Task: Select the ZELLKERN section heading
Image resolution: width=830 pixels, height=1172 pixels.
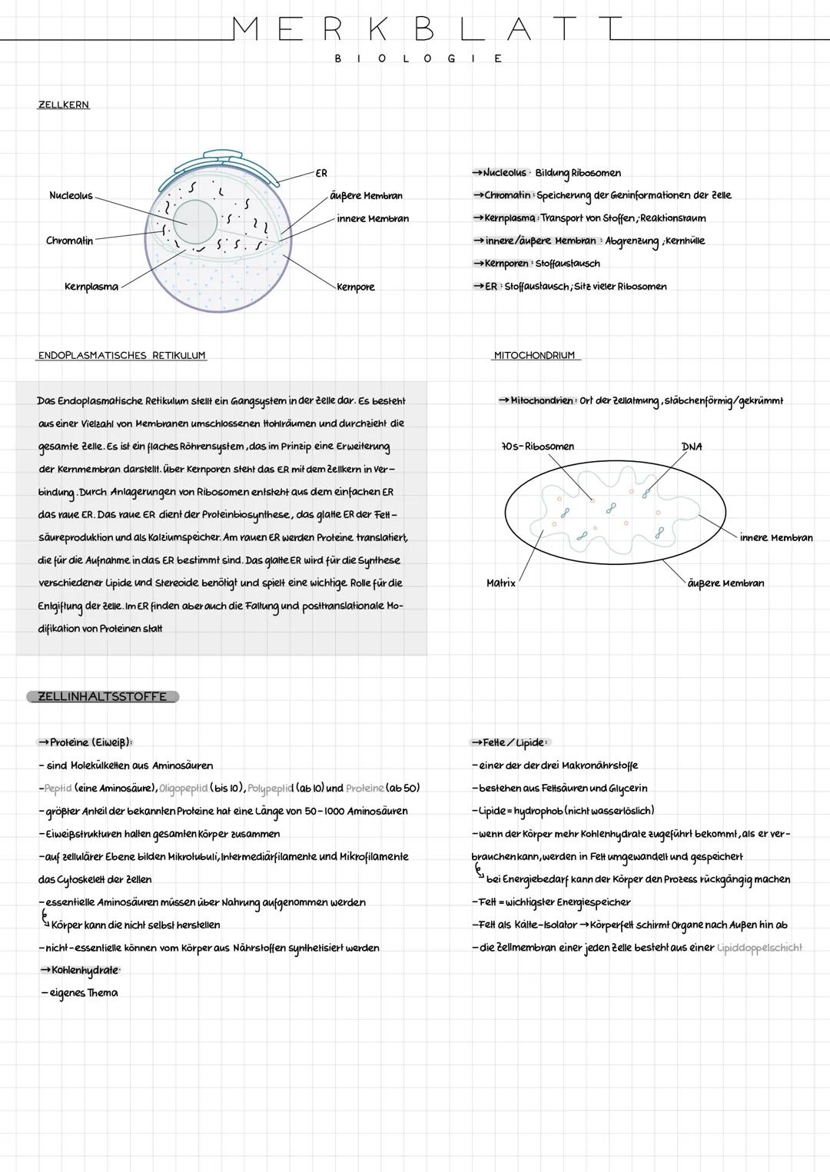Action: (x=64, y=105)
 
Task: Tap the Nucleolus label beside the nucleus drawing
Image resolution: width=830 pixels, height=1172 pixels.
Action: (x=71, y=196)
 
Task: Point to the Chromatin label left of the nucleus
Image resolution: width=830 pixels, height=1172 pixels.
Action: (x=69, y=241)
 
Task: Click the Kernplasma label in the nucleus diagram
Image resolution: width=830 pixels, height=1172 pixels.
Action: (x=91, y=287)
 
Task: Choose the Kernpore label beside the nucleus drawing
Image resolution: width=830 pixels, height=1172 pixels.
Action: (x=356, y=287)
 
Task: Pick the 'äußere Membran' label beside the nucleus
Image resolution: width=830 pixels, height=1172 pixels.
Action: (x=366, y=196)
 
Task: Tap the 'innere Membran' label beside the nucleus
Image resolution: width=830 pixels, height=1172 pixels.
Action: (x=373, y=219)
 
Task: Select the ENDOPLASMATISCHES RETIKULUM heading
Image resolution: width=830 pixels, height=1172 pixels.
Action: (x=121, y=356)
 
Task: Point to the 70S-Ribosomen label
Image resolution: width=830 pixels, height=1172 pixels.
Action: (x=537, y=447)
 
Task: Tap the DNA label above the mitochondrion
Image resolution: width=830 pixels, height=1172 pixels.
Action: (x=691, y=447)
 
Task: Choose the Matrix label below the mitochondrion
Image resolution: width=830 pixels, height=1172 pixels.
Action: (x=501, y=583)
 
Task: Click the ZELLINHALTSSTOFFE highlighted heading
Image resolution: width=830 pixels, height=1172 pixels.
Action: (x=102, y=696)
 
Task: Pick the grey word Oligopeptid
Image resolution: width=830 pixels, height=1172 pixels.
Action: (x=183, y=789)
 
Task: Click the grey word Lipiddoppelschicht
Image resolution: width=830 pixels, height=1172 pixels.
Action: (x=759, y=948)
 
